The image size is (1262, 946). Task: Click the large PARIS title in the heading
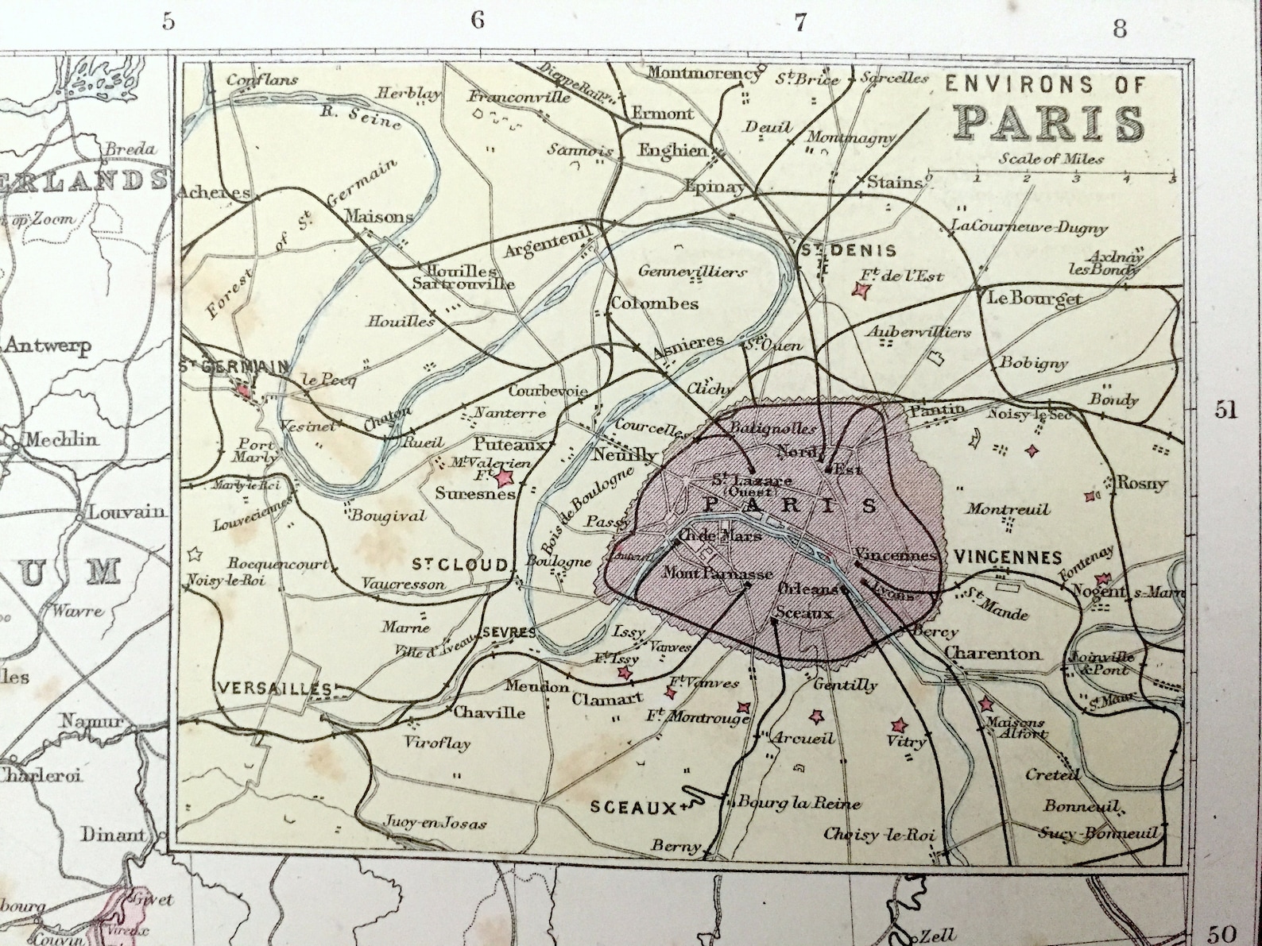[1050, 123]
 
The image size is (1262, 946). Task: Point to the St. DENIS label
[847, 251]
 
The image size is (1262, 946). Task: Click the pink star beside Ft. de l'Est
[860, 291]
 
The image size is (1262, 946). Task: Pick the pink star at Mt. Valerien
[503, 478]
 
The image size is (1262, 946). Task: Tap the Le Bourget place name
[1034, 299]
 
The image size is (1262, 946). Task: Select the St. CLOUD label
[459, 564]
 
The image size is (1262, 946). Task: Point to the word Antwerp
[48, 346]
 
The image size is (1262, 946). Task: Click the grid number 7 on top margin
[799, 23]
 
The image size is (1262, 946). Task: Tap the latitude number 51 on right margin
[1225, 409]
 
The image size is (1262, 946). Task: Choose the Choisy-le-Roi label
[879, 835]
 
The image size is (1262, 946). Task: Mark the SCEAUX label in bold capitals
[632, 807]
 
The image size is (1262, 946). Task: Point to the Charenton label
[992, 654]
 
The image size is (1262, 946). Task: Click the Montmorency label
[703, 73]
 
